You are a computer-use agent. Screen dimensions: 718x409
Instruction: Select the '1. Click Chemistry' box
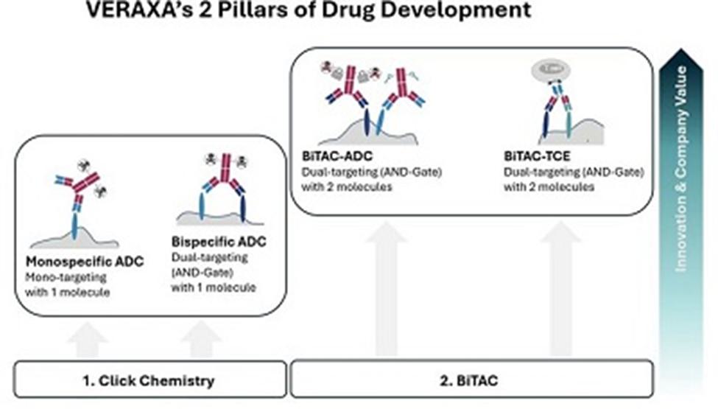click(150, 380)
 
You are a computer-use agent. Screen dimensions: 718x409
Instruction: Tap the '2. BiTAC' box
click(472, 380)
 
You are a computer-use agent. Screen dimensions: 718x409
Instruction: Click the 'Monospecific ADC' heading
click(85, 262)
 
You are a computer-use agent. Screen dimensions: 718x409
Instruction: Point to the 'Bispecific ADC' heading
click(219, 242)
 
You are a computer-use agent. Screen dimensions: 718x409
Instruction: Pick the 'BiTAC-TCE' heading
click(537, 156)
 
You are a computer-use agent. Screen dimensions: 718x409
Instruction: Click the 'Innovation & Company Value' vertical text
click(681, 169)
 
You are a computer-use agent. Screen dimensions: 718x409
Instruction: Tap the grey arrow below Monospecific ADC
click(87, 340)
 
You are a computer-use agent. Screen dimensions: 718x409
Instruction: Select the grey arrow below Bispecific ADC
click(202, 339)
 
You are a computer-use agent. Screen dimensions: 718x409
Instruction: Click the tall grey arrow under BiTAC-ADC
click(387, 289)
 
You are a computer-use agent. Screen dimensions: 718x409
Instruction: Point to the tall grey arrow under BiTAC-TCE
click(560, 289)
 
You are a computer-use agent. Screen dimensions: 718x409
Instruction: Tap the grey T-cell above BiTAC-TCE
click(551, 70)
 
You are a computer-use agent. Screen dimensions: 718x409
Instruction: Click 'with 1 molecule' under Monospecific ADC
click(67, 293)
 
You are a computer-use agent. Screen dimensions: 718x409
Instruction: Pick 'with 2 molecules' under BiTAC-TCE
click(549, 187)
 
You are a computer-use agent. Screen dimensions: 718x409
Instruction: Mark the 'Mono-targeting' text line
click(66, 278)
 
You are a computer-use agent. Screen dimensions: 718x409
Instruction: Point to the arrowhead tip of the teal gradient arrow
click(681, 49)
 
